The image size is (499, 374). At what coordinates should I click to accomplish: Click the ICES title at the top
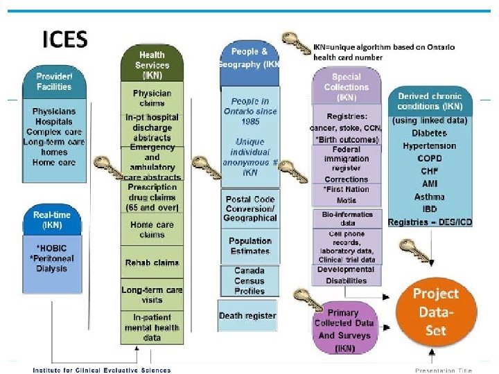click(65, 39)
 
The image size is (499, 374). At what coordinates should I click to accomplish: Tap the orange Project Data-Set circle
click(436, 312)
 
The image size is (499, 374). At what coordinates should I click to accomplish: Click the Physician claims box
click(152, 98)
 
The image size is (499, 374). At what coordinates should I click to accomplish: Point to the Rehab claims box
click(152, 263)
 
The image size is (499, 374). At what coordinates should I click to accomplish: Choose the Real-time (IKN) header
click(52, 220)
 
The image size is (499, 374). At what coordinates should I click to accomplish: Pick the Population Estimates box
click(249, 246)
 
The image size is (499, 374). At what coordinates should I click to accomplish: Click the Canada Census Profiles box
click(249, 280)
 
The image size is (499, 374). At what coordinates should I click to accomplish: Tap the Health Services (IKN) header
click(152, 64)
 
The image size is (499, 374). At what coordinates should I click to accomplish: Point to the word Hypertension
click(430, 146)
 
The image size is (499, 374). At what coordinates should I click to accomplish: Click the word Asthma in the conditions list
click(430, 196)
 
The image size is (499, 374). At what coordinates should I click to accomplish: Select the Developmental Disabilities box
click(346, 275)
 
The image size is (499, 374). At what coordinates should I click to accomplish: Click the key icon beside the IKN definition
click(297, 44)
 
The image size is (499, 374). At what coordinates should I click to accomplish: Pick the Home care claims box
click(152, 230)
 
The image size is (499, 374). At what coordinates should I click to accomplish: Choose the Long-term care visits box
click(152, 294)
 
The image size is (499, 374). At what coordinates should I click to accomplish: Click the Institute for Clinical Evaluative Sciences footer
click(102, 369)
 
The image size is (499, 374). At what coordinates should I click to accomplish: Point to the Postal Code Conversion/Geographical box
click(249, 208)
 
